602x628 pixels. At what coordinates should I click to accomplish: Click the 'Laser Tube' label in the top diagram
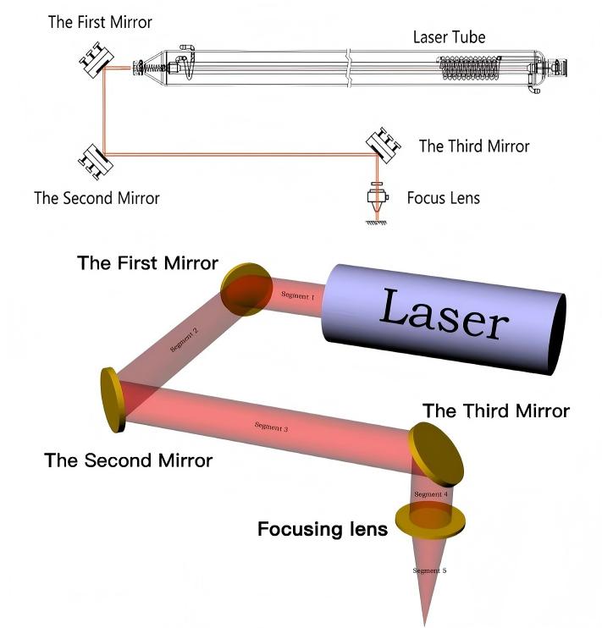[x=449, y=37]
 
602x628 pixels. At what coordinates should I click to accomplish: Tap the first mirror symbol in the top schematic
[x=97, y=60]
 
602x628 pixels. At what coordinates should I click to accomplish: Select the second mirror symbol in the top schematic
[x=96, y=162]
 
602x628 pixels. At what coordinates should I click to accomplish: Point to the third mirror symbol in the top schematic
[x=384, y=146]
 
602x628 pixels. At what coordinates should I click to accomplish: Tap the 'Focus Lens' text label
[x=444, y=198]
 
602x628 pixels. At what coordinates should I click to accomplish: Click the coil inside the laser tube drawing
[x=469, y=68]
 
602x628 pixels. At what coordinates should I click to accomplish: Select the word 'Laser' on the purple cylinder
[x=444, y=315]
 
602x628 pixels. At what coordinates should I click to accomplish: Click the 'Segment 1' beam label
[x=298, y=295]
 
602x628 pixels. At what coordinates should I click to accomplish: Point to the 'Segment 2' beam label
[x=184, y=340]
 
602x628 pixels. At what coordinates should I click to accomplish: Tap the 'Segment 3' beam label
[x=271, y=427]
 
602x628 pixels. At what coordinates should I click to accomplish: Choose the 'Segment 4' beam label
[x=431, y=494]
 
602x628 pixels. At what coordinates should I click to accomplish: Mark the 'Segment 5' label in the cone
[x=429, y=570]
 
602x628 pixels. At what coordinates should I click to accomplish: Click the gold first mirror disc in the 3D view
[x=246, y=289]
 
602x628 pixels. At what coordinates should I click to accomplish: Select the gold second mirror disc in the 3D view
[x=113, y=400]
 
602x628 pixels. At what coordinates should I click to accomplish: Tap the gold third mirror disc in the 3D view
[x=436, y=454]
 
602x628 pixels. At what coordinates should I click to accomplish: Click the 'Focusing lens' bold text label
[x=323, y=529]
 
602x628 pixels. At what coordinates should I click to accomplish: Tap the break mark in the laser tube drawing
[x=349, y=68]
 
